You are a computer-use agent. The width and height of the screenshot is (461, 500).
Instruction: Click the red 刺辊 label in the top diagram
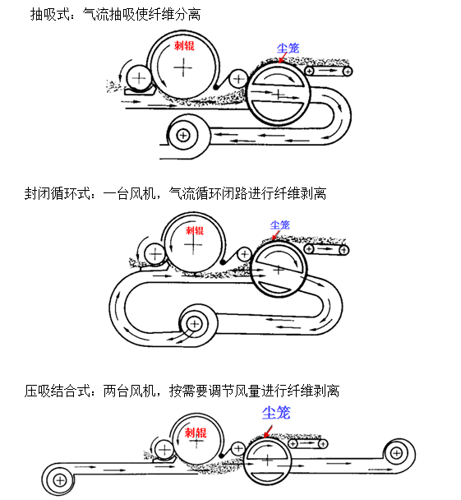pyautogui.click(x=184, y=45)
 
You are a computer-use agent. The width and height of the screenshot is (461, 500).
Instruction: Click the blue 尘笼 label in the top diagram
pyautogui.click(x=288, y=49)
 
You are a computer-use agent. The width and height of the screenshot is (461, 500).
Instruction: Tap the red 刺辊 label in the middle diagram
pyautogui.click(x=195, y=230)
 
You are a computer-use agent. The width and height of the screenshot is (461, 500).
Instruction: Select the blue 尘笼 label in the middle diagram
pyautogui.click(x=279, y=225)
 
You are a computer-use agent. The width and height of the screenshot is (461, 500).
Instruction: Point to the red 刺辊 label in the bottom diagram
pyautogui.click(x=196, y=433)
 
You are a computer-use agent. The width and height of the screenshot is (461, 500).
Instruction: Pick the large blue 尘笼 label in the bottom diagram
pyautogui.click(x=276, y=413)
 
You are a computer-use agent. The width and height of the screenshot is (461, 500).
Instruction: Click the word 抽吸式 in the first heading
pyautogui.click(x=50, y=14)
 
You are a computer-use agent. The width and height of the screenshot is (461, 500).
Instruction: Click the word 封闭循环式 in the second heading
pyautogui.click(x=58, y=193)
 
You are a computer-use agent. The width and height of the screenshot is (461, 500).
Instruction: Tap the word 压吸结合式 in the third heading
pyautogui.click(x=58, y=391)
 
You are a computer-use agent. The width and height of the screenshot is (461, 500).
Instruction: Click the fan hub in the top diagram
pyautogui.click(x=183, y=136)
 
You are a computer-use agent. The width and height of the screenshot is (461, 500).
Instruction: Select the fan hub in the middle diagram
pyautogui.click(x=194, y=324)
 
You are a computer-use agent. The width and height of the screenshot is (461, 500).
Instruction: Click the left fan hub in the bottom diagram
pyautogui.click(x=60, y=480)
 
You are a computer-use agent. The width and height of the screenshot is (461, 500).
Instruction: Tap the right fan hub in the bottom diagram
pyautogui.click(x=397, y=452)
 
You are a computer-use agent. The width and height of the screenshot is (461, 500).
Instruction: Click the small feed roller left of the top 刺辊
pyautogui.click(x=139, y=78)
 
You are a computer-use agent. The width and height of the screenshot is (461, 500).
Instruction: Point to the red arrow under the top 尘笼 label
pyautogui.click(x=283, y=58)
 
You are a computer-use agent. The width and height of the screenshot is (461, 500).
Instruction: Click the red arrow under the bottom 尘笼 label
pyautogui.click(x=268, y=432)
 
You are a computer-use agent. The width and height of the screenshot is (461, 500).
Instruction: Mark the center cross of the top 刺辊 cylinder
pyautogui.click(x=183, y=67)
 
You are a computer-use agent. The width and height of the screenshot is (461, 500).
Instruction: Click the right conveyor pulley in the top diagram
pyautogui.click(x=348, y=72)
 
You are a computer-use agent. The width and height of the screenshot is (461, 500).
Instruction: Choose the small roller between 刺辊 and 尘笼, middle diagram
pyautogui.click(x=245, y=254)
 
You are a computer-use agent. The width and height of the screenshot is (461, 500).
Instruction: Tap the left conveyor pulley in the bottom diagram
pyautogui.click(x=293, y=443)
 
